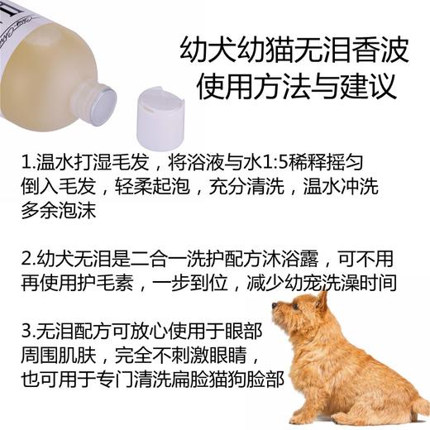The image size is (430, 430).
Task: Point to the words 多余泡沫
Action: point(58,211)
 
